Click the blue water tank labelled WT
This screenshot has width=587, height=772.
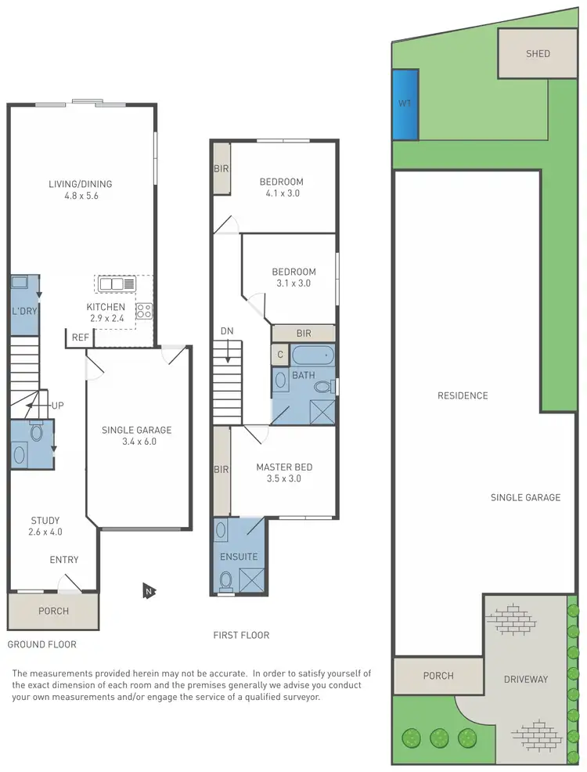click(x=405, y=104)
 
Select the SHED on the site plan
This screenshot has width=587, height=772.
click(x=538, y=54)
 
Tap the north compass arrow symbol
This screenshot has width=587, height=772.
click(x=146, y=590)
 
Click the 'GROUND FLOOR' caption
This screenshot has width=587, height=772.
click(x=42, y=644)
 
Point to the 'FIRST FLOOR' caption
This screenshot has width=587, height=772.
click(x=241, y=635)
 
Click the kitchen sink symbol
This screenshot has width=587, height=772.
click(x=117, y=284)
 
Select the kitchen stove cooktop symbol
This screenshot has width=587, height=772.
click(x=144, y=310)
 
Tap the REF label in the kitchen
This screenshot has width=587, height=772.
click(x=80, y=337)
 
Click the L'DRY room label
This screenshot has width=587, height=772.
click(x=24, y=311)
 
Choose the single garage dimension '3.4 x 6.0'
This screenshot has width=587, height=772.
click(x=136, y=442)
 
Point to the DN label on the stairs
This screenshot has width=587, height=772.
click(x=227, y=331)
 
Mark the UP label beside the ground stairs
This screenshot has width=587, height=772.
click(x=57, y=406)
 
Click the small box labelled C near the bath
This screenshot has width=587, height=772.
click(x=280, y=355)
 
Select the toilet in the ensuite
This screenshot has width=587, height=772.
click(x=226, y=580)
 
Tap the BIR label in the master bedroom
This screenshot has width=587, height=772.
click(x=221, y=470)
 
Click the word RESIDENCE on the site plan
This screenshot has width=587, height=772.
click(x=463, y=395)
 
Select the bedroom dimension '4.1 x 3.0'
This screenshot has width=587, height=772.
click(x=282, y=193)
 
